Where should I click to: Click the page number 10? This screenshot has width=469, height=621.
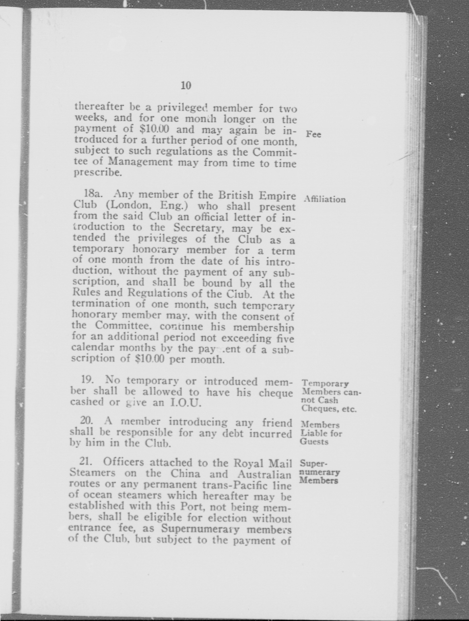[x=186, y=86]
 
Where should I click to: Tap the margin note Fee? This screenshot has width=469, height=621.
[x=313, y=134]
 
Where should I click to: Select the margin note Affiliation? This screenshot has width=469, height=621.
[x=325, y=199]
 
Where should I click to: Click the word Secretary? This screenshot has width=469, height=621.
[x=198, y=228]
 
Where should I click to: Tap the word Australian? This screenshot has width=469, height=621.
[x=264, y=474]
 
